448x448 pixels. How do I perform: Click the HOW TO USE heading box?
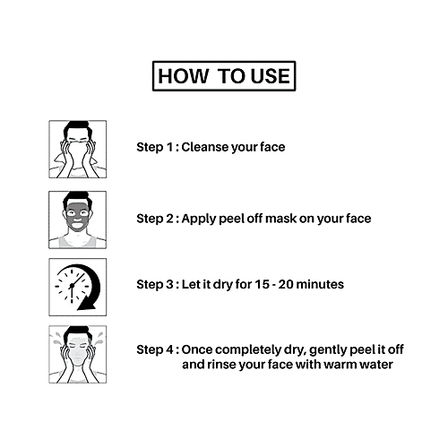(x=224, y=77)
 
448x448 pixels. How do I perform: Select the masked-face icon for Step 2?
(x=77, y=219)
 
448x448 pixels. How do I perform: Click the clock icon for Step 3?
(x=77, y=285)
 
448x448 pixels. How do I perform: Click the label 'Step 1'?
(x=155, y=146)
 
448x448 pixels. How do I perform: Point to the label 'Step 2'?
(x=155, y=219)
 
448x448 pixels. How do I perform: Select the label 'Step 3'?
(x=155, y=285)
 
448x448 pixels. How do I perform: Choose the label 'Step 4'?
(x=155, y=349)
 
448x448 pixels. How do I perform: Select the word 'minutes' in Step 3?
(x=319, y=285)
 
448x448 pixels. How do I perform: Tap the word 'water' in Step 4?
(x=373, y=365)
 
